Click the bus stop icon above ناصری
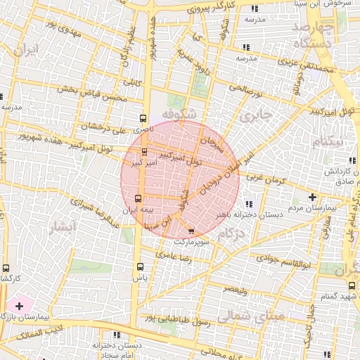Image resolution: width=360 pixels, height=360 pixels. click(x=143, y=119)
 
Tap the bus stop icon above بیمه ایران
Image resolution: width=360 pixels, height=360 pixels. click(x=138, y=198)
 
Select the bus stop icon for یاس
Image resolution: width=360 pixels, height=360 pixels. click(x=140, y=266)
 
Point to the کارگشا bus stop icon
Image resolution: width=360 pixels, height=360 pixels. click(x=6, y=268)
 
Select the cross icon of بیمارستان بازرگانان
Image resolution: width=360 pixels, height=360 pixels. click(x=19, y=306)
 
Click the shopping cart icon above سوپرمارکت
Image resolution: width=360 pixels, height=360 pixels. click(x=192, y=231)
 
